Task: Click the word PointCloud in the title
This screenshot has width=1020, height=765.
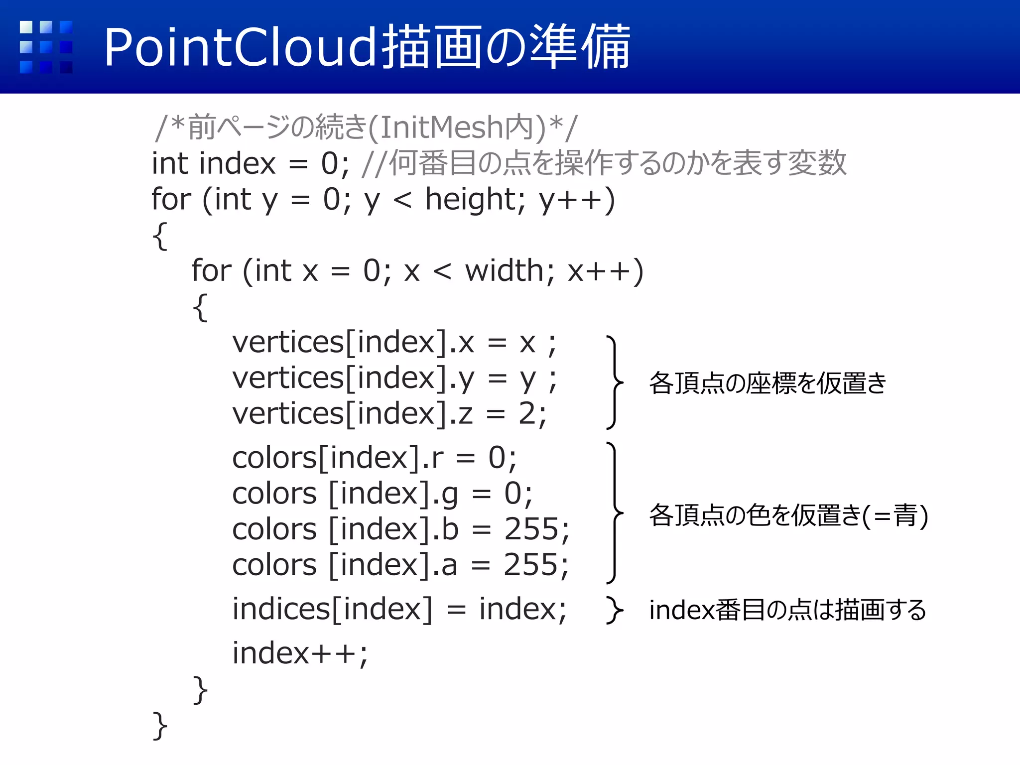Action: tap(239, 48)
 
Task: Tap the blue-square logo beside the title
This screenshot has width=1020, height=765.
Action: tap(46, 47)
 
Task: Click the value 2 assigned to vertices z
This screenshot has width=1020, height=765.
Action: tap(527, 414)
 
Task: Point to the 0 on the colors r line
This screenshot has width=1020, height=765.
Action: tap(497, 458)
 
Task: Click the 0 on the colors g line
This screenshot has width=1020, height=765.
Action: tap(512, 494)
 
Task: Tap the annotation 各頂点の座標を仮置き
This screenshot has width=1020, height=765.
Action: tap(767, 383)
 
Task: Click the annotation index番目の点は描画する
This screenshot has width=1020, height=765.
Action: tap(787, 610)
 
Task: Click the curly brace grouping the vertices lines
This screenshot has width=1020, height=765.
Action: tap(615, 382)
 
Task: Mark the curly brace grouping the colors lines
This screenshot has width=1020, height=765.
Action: tap(615, 512)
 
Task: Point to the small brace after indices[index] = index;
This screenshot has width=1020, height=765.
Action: tap(614, 610)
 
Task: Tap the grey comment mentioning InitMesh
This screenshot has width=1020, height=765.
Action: tap(366, 127)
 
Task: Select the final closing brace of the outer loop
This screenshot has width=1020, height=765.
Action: tap(159, 726)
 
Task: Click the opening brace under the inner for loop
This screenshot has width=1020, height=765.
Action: tap(200, 307)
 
